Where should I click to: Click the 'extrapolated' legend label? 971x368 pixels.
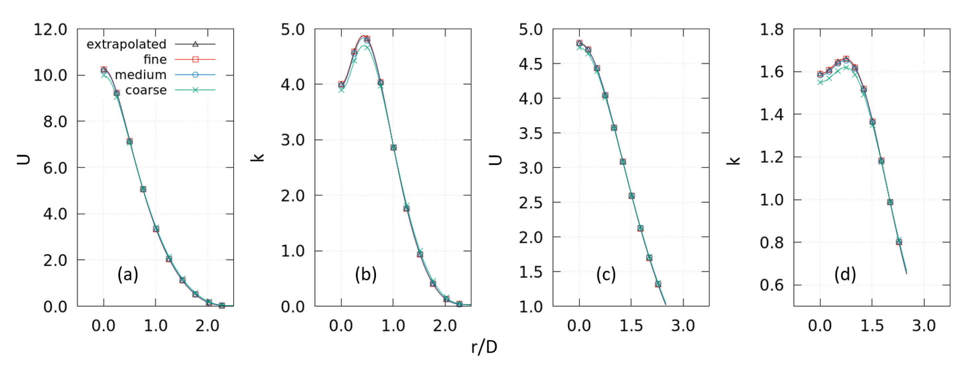tap(126, 44)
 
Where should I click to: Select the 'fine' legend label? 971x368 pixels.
tap(155, 60)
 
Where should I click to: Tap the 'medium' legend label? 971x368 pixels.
tap(141, 75)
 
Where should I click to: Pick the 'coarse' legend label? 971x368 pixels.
tap(146, 90)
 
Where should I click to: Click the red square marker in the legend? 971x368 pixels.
tap(195, 60)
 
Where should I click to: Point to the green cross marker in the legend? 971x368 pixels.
tap(195, 90)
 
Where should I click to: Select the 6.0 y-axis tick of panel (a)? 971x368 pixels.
tap(55, 168)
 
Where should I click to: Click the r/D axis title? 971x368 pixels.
tap(484, 347)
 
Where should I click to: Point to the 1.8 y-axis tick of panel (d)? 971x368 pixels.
tap(771, 30)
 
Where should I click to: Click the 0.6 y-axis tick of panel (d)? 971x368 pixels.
tap(771, 285)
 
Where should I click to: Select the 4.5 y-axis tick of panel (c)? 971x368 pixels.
tap(531, 64)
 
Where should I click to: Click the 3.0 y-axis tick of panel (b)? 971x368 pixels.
tap(293, 140)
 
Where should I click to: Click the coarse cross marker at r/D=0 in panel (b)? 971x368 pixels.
tap(341, 90)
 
